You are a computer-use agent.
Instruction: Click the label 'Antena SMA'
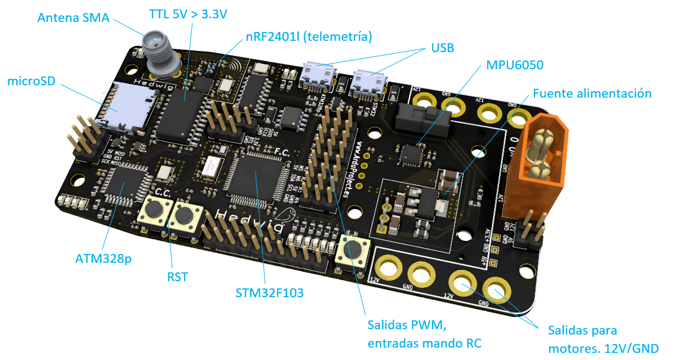(73, 18)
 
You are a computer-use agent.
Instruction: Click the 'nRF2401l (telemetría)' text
(308, 37)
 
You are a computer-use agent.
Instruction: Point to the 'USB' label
(443, 48)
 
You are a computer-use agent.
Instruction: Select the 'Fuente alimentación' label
(592, 94)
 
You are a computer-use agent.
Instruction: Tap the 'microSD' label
(31, 81)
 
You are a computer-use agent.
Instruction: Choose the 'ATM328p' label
(104, 259)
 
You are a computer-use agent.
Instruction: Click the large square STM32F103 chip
(255, 175)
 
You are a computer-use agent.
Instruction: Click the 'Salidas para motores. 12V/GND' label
(602, 339)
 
